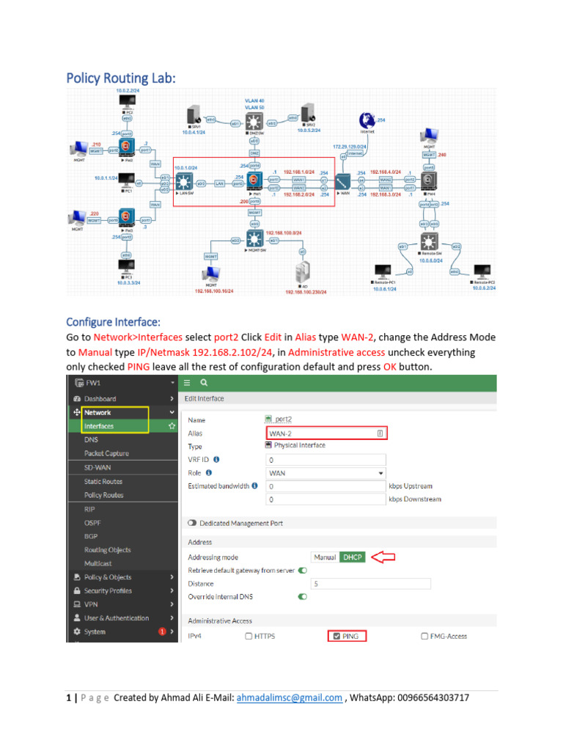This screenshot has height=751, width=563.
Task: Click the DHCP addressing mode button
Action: [x=352, y=557]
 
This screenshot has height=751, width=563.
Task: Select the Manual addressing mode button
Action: [x=325, y=557]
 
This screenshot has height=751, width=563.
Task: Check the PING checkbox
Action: [x=336, y=636]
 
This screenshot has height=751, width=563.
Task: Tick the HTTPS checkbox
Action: [x=249, y=636]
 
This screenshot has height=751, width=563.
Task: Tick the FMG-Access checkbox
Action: [x=425, y=636]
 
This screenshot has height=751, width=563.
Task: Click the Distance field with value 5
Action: [x=371, y=584]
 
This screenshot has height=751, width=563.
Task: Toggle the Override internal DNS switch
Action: [x=303, y=597]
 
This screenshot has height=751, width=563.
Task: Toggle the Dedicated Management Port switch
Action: [x=193, y=523]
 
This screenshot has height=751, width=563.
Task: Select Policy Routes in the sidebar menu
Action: [x=103, y=495]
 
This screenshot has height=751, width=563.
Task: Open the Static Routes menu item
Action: [x=103, y=481]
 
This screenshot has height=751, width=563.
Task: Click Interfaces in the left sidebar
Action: [x=99, y=426]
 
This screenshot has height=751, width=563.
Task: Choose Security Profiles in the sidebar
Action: [x=108, y=590]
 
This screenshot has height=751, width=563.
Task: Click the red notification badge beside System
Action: [x=162, y=631]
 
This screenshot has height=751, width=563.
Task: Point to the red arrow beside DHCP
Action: [x=383, y=557]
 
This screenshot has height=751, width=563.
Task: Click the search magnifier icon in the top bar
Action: [x=203, y=382]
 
